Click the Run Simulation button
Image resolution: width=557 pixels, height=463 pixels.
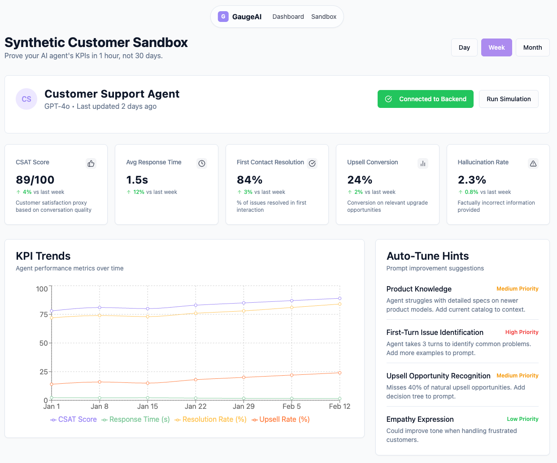click(x=509, y=99)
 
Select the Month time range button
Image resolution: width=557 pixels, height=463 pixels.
click(x=532, y=47)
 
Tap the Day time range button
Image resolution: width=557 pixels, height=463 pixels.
click(x=464, y=47)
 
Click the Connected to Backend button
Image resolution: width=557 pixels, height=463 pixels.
click(x=425, y=99)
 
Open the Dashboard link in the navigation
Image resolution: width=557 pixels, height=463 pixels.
click(x=288, y=17)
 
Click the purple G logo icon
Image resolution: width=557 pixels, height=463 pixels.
click(x=223, y=17)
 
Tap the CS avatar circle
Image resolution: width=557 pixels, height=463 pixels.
click(x=26, y=99)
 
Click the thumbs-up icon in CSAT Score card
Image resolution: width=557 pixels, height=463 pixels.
click(x=91, y=163)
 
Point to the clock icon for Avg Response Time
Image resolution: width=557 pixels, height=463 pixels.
click(x=202, y=163)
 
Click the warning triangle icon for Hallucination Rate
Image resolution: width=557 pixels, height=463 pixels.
click(x=533, y=163)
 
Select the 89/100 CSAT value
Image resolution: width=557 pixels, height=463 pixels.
click(x=35, y=180)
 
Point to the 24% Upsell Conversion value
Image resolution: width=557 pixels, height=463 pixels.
click(x=360, y=180)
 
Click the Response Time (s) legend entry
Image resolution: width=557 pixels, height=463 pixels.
click(x=135, y=420)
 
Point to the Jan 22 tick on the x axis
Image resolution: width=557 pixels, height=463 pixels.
click(x=196, y=407)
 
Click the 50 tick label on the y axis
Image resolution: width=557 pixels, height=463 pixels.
click(x=44, y=343)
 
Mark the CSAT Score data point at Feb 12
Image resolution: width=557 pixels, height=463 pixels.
click(x=339, y=298)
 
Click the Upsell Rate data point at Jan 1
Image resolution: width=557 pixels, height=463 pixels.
click(x=52, y=384)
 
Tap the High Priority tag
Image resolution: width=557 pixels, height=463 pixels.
click(x=522, y=332)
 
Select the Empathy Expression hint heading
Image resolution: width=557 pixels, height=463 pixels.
click(x=420, y=419)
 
